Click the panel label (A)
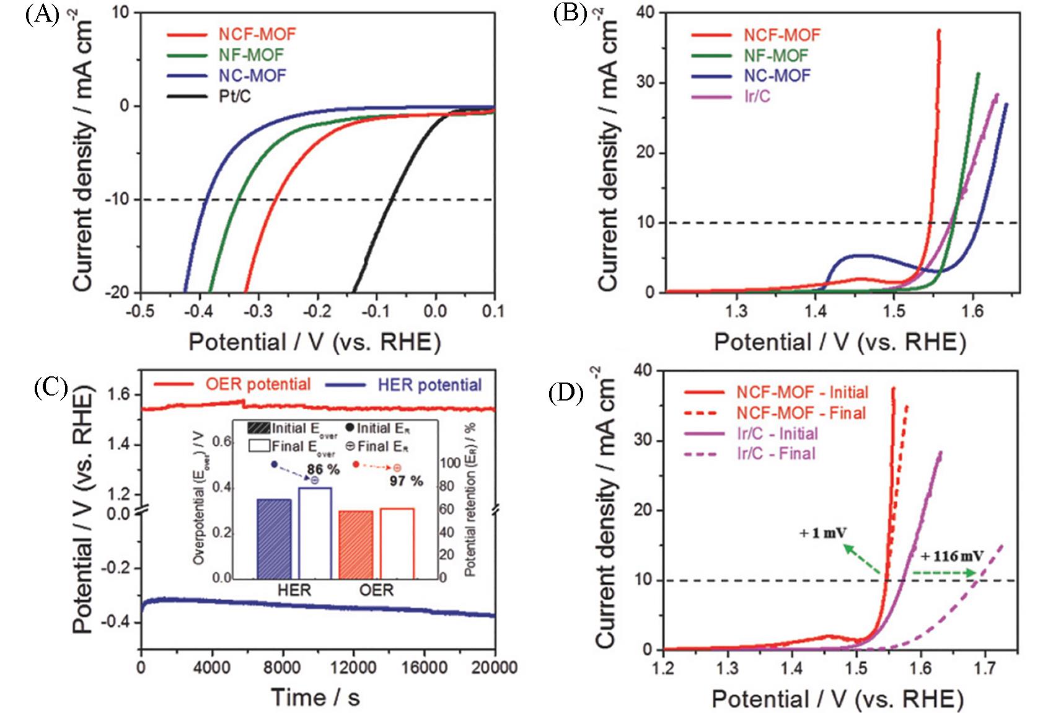(42, 14)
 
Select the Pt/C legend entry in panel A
(234, 96)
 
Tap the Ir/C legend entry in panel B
(757, 96)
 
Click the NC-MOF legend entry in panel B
(777, 76)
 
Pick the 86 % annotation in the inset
(323, 469)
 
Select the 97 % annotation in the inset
(407, 480)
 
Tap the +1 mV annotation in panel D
(823, 533)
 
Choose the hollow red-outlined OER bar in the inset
(397, 543)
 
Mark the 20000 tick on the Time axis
(495, 667)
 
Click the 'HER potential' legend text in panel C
(429, 385)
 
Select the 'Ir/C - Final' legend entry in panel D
(776, 453)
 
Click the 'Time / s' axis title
(315, 697)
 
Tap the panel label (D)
(567, 394)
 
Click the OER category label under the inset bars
(376, 590)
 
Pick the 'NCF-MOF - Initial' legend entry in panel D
(802, 392)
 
